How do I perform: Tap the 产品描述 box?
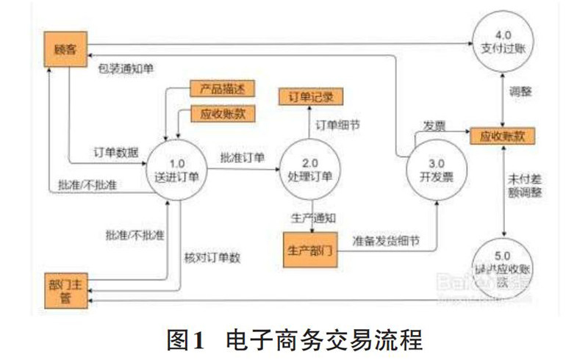click(x=221, y=89)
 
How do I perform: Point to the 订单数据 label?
click(x=116, y=152)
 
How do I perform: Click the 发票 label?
click(x=433, y=126)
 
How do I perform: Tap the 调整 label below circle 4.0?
click(x=520, y=93)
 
